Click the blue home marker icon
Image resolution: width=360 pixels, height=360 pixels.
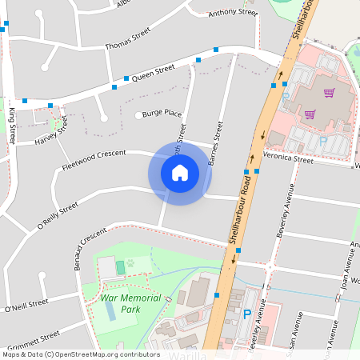point(179,173)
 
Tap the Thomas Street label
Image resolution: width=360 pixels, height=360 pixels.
point(128,40)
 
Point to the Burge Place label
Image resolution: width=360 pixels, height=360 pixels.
point(162,114)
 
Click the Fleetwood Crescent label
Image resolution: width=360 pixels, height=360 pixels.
point(94,160)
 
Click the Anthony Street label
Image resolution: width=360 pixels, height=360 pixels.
point(229,13)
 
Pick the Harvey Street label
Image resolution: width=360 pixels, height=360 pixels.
point(51,134)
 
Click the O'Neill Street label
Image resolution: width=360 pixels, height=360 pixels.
point(26,305)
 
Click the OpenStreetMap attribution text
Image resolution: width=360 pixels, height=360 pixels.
point(81,354)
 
